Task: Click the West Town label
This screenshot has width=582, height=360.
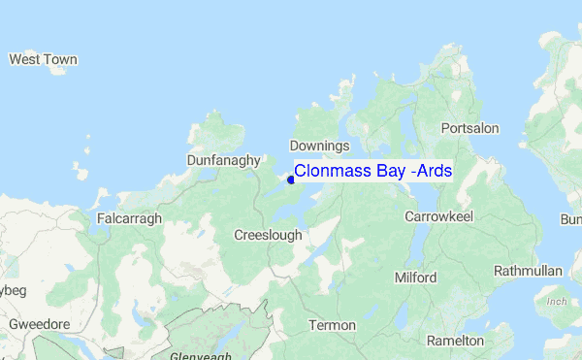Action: (x=43, y=60)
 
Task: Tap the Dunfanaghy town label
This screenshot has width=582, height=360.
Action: (x=224, y=160)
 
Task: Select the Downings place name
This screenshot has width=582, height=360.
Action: (x=319, y=146)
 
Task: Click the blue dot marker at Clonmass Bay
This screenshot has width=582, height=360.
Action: (x=291, y=179)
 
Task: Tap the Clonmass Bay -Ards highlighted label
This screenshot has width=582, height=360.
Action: (x=372, y=171)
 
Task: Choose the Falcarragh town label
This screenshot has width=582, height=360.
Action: (x=130, y=219)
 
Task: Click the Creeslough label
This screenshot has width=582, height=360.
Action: (x=268, y=236)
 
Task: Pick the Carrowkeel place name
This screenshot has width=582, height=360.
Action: (x=438, y=216)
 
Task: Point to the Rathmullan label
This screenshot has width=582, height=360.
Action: (x=528, y=271)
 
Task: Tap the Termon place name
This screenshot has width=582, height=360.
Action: (x=332, y=325)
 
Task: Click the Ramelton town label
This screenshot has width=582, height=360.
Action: (x=454, y=341)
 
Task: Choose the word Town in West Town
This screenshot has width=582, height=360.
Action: (x=60, y=60)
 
